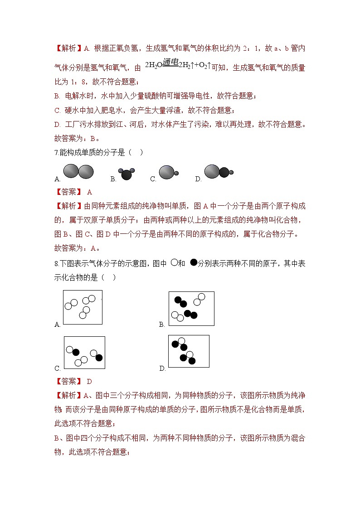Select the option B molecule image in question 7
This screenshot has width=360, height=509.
click(126, 174)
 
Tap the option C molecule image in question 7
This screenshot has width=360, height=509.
click(168, 172)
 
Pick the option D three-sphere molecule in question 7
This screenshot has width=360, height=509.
click(218, 172)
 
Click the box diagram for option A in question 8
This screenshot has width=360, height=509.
click(83, 307)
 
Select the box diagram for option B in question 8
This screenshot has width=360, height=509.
click(191, 308)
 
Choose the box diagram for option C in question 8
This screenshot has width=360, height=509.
click(84, 353)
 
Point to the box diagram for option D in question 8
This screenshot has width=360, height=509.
click(189, 351)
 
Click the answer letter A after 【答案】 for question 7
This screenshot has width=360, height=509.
click(89, 192)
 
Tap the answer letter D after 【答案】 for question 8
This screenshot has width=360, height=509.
click(89, 382)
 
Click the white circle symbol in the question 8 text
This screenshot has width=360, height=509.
click(174, 262)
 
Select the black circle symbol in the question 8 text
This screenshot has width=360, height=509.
click(194, 262)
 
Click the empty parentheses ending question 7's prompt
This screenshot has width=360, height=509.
click(136, 152)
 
